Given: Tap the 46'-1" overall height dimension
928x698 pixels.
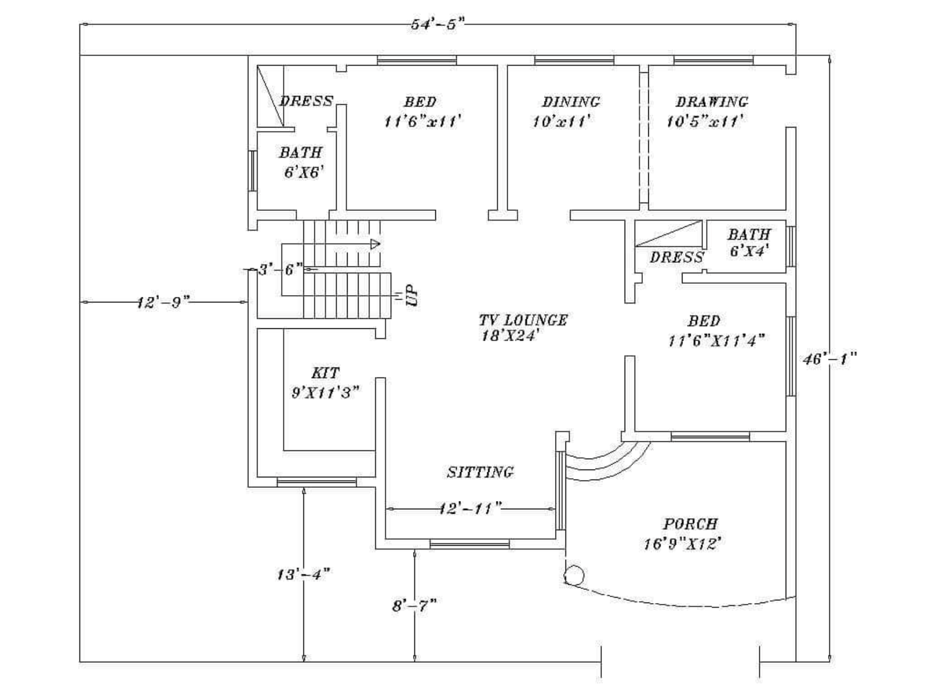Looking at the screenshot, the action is (x=829, y=359).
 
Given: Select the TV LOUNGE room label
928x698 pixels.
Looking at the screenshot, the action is (x=522, y=320).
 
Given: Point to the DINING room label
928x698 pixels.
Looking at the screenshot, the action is (x=570, y=102).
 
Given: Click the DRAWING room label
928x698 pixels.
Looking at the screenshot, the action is (x=712, y=102).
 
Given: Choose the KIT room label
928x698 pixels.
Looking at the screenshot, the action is (x=326, y=373).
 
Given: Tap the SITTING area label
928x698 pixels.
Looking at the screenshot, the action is (x=480, y=472).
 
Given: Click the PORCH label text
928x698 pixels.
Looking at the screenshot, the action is (x=690, y=524).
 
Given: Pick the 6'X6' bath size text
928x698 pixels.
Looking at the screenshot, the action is (x=303, y=172).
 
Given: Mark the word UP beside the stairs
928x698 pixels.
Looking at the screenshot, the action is (x=412, y=296).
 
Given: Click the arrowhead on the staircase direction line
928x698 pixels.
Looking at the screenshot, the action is (x=375, y=244).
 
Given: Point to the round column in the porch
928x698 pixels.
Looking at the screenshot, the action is (x=574, y=576).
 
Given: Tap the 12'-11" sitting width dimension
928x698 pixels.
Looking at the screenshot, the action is (x=470, y=508).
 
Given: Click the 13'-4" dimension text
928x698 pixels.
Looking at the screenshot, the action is (x=303, y=575).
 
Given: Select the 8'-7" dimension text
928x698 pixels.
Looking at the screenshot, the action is (x=414, y=606).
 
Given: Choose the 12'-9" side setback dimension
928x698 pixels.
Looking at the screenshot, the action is (x=163, y=302).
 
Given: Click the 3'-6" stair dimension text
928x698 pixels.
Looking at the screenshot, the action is (x=281, y=270).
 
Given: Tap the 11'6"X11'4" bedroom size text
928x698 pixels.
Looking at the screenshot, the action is (x=716, y=341).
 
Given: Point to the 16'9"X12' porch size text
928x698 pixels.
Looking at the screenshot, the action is (x=683, y=544).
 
